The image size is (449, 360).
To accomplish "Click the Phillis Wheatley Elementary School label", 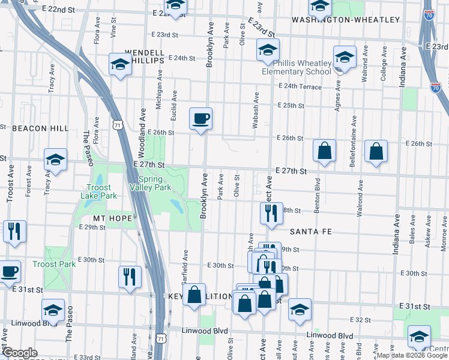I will (x=296, y=67).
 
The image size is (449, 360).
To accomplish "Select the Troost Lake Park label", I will (x=96, y=191).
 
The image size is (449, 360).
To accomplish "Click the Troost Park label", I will (x=54, y=264).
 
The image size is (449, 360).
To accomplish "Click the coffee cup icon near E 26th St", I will (x=200, y=118).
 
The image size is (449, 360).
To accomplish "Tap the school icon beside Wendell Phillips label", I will (x=120, y=64).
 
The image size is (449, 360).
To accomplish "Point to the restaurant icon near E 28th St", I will (x=271, y=213).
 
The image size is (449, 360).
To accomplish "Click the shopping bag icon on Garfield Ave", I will (x=194, y=295).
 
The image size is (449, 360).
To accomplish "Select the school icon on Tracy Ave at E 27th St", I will (x=55, y=160).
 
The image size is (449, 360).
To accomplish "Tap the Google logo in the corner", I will (x=20, y=353).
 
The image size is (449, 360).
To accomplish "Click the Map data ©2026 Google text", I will (x=412, y=355).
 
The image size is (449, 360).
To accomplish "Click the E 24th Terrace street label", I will (x=300, y=88).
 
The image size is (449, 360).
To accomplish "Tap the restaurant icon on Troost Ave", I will (x=14, y=231).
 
